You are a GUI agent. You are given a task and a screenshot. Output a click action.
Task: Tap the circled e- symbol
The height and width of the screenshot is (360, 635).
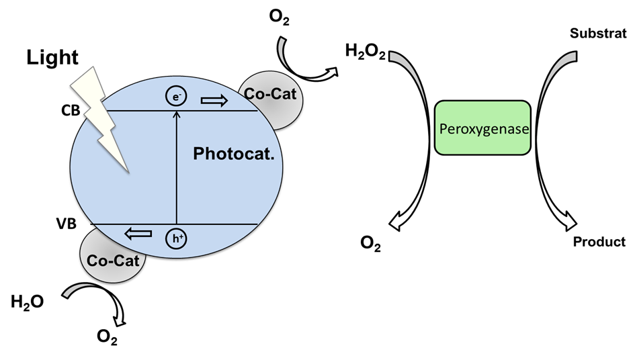[x=176, y=98]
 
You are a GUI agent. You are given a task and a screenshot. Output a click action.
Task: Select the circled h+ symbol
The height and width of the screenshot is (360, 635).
[x=176, y=236]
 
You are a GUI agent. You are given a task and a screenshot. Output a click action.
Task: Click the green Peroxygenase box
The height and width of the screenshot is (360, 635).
[x=482, y=128]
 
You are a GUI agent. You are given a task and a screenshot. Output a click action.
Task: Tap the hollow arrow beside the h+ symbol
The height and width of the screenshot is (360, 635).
[x=138, y=234]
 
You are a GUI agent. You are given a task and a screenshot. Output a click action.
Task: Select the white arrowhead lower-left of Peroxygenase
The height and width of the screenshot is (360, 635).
[x=396, y=222]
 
